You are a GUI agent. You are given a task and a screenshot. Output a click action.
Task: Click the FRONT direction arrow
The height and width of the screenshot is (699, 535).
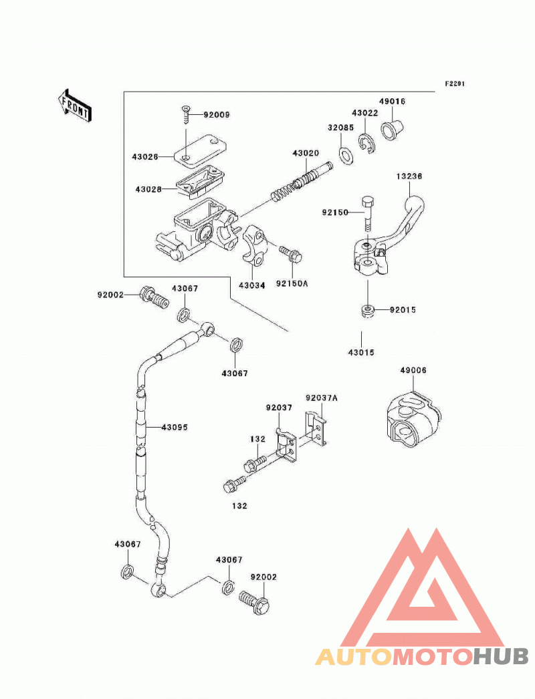coord(75,106)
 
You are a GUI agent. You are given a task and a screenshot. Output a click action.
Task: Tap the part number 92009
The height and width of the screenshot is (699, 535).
coord(217,115)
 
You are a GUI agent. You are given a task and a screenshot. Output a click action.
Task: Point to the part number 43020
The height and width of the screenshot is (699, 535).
coord(306,153)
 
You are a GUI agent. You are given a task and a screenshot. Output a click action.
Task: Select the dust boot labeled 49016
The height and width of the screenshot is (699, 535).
coord(392,129)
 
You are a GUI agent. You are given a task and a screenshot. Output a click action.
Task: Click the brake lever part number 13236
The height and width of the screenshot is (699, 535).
coord(409,176)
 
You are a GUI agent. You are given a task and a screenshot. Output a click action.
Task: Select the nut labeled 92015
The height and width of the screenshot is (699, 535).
coord(367,311)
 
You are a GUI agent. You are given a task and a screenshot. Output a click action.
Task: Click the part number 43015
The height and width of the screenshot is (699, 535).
coord(361,353)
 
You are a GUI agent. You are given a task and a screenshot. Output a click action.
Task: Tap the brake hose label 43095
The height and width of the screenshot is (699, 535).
coord(175,428)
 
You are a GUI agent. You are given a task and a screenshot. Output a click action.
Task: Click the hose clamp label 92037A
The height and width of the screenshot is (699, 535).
coord(321,398)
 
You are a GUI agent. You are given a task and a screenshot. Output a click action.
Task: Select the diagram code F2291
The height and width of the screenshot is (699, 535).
coord(455,84)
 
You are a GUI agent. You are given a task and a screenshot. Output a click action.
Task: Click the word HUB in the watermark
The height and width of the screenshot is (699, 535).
coord(501,656)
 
